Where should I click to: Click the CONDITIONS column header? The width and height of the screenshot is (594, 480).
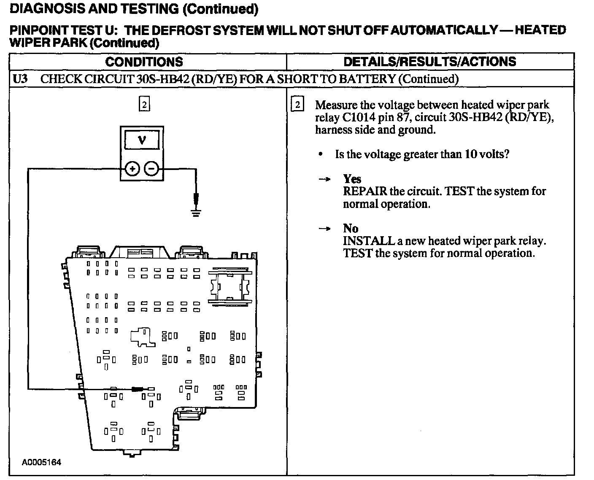coord(144,62)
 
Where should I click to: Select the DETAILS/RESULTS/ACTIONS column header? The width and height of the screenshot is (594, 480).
coord(429,62)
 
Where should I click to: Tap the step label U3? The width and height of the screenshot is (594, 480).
coord(20,79)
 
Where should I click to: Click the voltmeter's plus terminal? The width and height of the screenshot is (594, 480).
coord(132,169)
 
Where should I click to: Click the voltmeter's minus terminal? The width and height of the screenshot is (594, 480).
coord(151,169)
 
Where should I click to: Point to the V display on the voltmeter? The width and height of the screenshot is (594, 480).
coord(142,139)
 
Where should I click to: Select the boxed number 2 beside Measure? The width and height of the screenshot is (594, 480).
coord(297,105)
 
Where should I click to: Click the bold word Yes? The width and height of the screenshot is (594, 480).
coord(352,179)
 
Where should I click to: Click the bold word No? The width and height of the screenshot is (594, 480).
coord(350,229)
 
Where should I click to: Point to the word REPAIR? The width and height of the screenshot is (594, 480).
coord(364,191)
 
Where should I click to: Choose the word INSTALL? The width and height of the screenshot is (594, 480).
coord(368,241)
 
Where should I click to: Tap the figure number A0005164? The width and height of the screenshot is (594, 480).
coord(41,462)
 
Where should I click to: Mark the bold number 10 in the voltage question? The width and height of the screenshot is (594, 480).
coord(470,154)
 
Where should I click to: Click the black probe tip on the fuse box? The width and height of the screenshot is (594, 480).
coord(138,389)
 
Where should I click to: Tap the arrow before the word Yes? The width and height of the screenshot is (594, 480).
coord(324,179)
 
